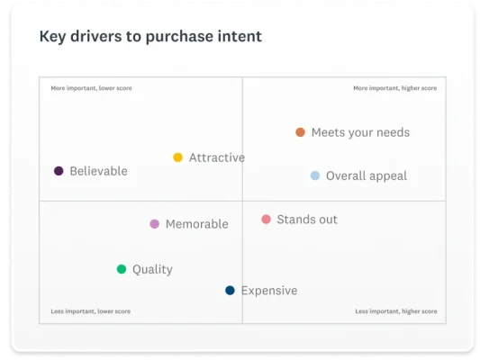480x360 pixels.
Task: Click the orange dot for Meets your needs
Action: [300, 132]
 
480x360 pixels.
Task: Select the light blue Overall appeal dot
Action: [315, 176]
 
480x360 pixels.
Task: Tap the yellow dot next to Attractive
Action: [178, 157]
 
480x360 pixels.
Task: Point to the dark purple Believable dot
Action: [59, 171]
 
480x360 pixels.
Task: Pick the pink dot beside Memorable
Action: [155, 224]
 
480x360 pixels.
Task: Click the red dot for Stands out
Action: [266, 220]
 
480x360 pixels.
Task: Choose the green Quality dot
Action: [122, 269]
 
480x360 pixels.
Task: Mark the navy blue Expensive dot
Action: [231, 291]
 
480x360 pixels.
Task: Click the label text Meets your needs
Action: [360, 132]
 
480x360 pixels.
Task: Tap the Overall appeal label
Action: [367, 176]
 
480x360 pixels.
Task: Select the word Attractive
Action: [217, 157]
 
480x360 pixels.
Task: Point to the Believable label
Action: [98, 171]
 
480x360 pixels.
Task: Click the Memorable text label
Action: [197, 224]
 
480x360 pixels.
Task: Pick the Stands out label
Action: [307, 220]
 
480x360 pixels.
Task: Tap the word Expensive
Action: [269, 291]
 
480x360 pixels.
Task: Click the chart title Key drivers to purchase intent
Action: [150, 37]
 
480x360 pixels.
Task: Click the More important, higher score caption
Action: [395, 88]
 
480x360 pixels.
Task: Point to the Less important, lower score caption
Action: [91, 311]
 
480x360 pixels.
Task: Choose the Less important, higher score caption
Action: [396, 311]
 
